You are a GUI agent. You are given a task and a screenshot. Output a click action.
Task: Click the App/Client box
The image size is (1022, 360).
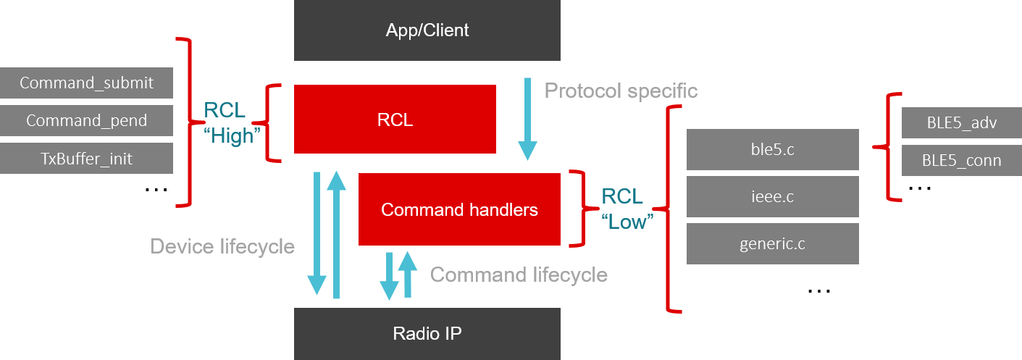pyautogui.click(x=427, y=30)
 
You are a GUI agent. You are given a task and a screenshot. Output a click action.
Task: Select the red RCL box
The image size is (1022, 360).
pyautogui.click(x=395, y=120)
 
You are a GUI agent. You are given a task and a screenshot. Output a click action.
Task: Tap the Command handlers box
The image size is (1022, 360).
pyautogui.click(x=459, y=209)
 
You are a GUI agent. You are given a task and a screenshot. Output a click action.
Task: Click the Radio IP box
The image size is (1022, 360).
pyautogui.click(x=427, y=333)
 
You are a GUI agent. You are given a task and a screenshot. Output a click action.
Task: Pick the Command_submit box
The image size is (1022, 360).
pyautogui.click(x=86, y=83)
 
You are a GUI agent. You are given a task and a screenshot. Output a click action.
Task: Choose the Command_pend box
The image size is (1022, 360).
pyautogui.click(x=86, y=120)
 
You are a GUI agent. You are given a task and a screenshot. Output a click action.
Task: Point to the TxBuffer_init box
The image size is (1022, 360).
pyautogui.click(x=86, y=158)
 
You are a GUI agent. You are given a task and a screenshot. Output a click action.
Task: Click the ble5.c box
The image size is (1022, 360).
pyautogui.click(x=772, y=150)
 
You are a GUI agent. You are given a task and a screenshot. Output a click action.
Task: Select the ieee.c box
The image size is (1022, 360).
pyautogui.click(x=772, y=196)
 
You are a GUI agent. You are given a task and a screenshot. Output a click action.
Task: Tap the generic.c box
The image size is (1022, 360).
pyautogui.click(x=772, y=243)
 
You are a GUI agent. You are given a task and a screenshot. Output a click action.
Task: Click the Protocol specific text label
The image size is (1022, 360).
pyautogui.click(x=621, y=91)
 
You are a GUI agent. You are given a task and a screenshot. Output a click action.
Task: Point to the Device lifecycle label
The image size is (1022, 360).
pyautogui.click(x=222, y=246)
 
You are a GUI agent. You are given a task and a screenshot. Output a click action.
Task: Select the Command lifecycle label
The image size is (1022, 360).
pyautogui.click(x=519, y=275)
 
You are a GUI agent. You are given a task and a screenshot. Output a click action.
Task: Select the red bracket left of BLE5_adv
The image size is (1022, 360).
pyautogui.click(x=890, y=146)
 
